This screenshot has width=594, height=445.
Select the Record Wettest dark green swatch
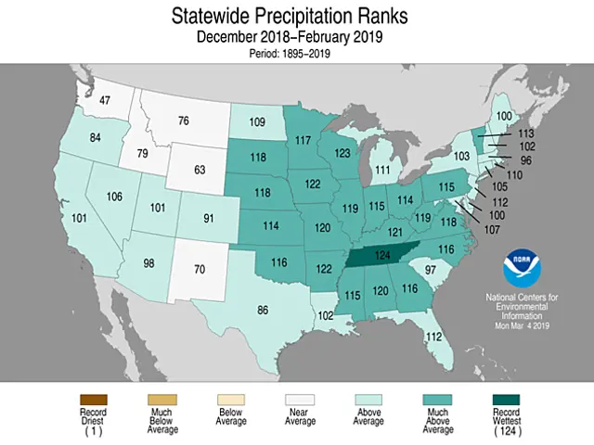click(x=504, y=399)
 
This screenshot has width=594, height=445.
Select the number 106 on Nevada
click(x=115, y=197)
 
